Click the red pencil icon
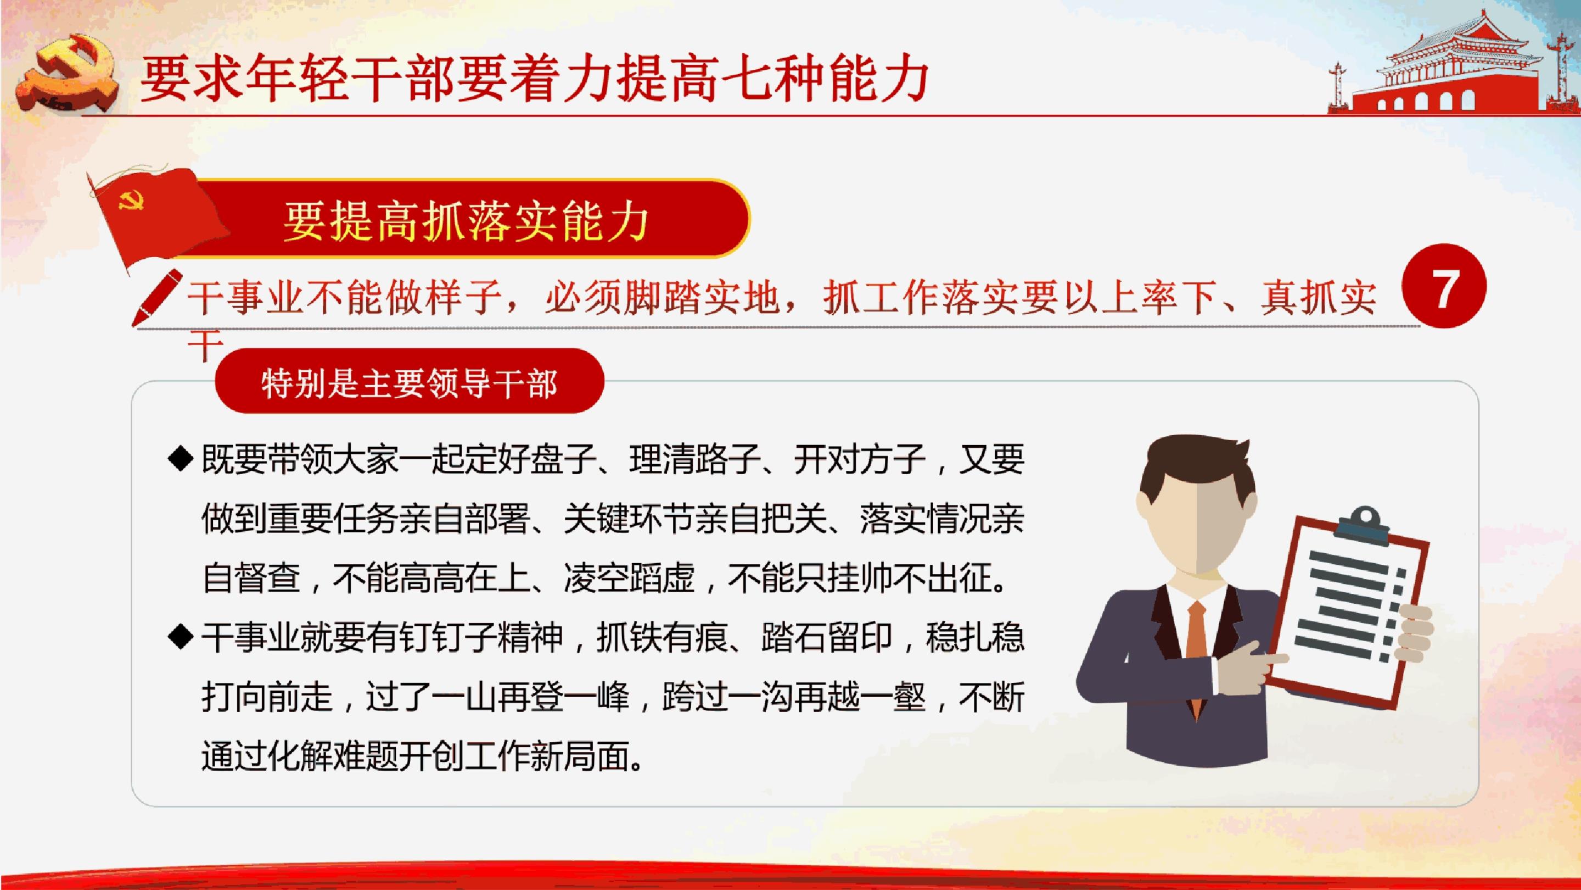157,297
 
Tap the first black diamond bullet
181,459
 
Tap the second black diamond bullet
181,636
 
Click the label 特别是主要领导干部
410,384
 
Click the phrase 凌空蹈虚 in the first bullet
629,578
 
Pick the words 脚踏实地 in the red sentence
702,297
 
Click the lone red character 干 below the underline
205,348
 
